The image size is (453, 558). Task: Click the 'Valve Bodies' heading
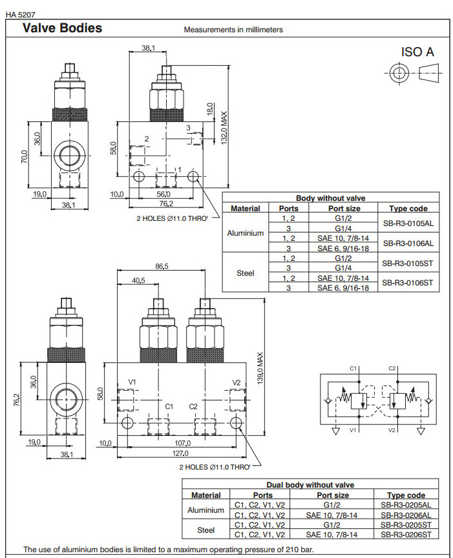pos(62,28)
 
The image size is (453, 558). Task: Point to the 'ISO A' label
pos(417,52)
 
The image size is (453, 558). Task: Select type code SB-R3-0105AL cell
pos(407,223)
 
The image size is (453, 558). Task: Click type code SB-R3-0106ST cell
pos(407,282)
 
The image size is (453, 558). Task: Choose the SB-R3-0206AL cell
pos(406,515)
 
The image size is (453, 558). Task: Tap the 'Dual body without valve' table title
pos(310,485)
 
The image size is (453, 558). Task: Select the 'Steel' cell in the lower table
pos(206,530)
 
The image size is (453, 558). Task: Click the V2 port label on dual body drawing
pos(236,382)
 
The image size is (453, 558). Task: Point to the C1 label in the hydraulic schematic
pos(353,368)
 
